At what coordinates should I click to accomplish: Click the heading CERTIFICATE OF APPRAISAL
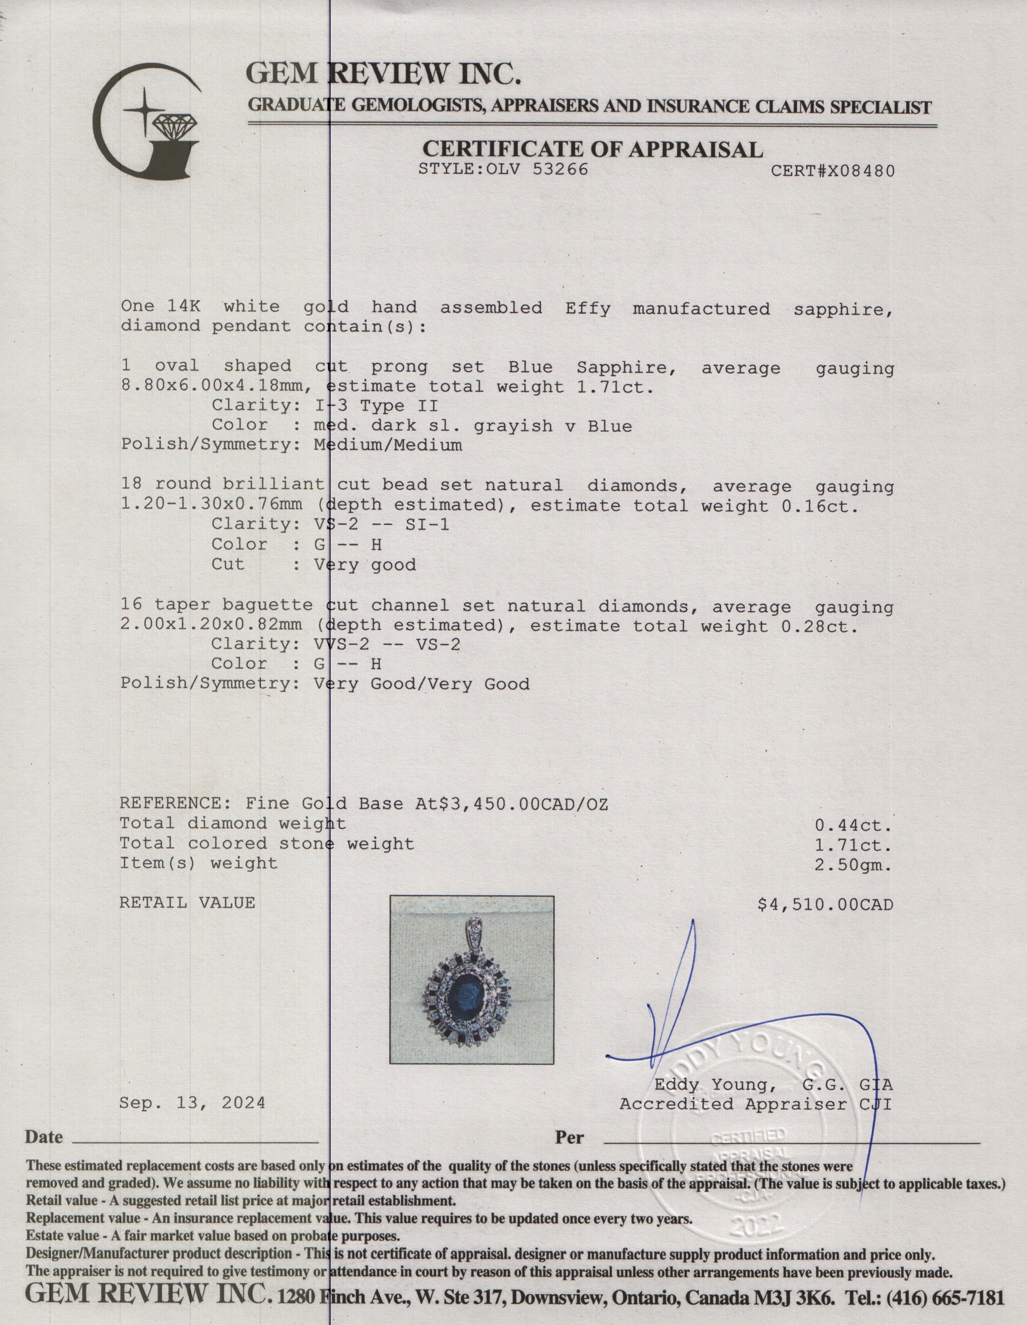point(592,149)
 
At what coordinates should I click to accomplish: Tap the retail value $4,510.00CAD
point(825,905)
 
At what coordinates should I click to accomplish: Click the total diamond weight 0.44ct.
point(852,825)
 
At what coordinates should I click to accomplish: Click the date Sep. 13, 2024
point(192,1103)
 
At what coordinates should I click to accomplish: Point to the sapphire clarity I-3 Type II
point(376,405)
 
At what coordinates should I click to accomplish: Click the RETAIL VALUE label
point(187,903)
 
